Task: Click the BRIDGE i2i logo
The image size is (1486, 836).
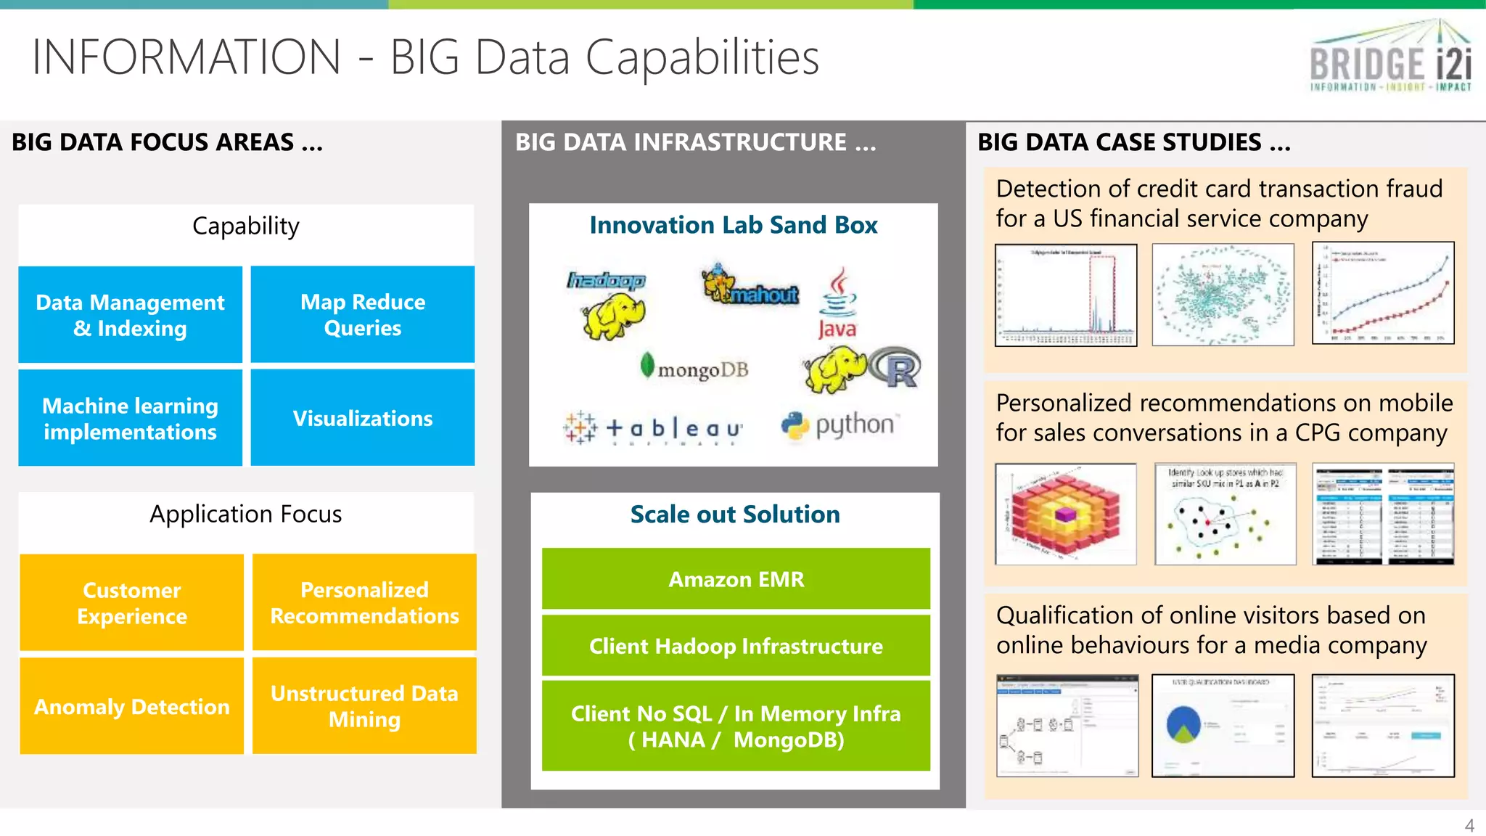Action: point(1390,58)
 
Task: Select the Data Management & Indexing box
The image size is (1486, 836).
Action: point(131,315)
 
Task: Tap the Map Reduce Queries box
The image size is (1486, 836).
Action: point(363,315)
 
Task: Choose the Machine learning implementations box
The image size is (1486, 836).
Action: point(131,418)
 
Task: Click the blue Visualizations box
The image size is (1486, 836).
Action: point(363,418)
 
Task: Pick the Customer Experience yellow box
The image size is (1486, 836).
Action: point(132,602)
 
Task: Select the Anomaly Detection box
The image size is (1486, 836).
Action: point(132,706)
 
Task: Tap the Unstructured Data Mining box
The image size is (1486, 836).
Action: point(364,706)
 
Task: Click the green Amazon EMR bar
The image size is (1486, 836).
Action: point(736,579)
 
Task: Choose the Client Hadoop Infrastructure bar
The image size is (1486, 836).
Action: point(736,646)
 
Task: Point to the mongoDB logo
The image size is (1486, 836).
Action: point(694,368)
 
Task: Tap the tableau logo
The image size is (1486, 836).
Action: point(653,428)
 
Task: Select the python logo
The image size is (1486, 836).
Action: point(838,425)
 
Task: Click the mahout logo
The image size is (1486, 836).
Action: point(750,286)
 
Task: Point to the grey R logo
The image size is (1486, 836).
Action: point(896,369)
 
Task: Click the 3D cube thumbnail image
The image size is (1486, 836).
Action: point(1065,514)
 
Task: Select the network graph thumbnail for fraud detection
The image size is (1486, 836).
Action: point(1223,295)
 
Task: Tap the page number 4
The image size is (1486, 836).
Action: point(1469,825)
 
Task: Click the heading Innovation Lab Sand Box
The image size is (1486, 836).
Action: point(733,225)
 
